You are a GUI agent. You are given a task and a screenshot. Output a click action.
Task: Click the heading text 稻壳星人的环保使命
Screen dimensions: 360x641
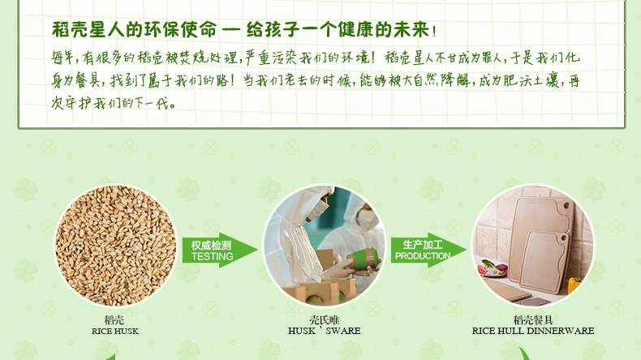coord(134,29)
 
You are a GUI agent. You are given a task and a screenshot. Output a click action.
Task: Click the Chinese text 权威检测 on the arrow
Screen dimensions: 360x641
coord(211,245)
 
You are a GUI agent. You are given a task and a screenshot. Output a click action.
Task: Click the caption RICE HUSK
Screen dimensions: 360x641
coord(115,331)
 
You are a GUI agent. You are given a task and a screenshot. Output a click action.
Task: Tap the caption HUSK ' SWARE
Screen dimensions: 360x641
coord(324,331)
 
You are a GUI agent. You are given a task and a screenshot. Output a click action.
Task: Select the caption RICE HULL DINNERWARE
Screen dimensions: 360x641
coord(533,331)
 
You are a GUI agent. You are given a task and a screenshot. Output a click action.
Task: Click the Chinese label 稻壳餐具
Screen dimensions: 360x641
coord(533,319)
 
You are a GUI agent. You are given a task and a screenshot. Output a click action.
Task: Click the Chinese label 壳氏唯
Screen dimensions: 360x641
coord(324,319)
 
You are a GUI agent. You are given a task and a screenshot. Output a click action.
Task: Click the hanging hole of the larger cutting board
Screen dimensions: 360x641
coord(566,206)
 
